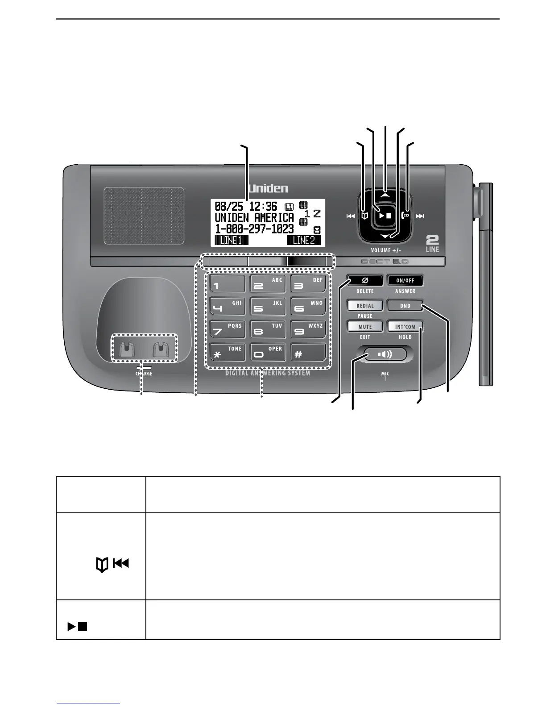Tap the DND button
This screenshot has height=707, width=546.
tap(405, 306)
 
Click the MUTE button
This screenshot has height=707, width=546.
tap(365, 327)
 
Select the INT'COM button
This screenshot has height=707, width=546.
tap(405, 327)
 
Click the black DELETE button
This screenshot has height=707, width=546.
tap(365, 280)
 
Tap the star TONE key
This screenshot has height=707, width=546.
tap(227, 352)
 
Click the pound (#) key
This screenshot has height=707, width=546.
tap(308, 352)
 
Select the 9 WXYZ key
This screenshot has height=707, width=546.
tap(308, 329)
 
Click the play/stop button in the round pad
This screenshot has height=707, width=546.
tap(385, 215)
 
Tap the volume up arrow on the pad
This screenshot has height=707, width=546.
tap(385, 195)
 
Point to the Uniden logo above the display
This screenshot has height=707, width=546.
tap(268, 188)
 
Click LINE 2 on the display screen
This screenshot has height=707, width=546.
tap(303, 240)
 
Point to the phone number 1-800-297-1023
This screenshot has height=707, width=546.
tap(254, 229)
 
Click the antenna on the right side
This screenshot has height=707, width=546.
tap(486, 286)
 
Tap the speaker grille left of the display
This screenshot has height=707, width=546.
tap(144, 216)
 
